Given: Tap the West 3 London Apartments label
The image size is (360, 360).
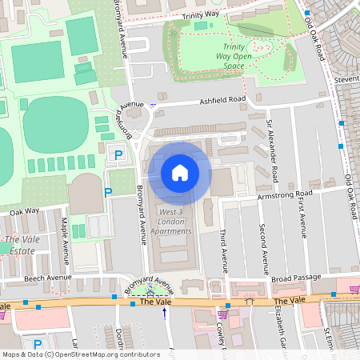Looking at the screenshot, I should [x=172, y=221].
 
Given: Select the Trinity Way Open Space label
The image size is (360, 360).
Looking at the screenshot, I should [x=238, y=57].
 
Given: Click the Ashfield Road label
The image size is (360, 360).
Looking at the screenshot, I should [x=222, y=99].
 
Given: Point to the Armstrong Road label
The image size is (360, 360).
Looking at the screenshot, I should [x=284, y=194].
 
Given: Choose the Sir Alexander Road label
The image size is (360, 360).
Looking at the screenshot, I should [x=273, y=151].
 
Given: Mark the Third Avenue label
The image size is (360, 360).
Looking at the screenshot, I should [x=223, y=249].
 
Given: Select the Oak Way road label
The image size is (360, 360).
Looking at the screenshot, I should [x=24, y=212].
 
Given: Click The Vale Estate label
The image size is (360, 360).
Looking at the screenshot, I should [x=20, y=245].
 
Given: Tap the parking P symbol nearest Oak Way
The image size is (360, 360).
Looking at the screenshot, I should [x=108, y=192].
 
